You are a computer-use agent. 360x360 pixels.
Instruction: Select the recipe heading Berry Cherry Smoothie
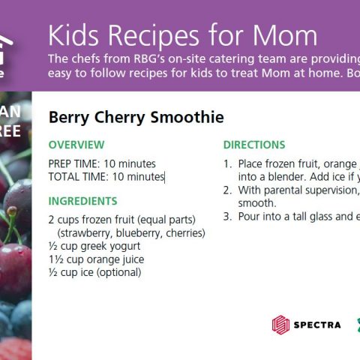click(x=136, y=117)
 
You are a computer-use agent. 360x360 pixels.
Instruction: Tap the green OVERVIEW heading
click(x=76, y=145)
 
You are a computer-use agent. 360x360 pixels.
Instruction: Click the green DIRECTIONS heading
click(x=254, y=145)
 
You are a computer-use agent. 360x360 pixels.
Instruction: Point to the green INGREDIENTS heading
click(x=82, y=201)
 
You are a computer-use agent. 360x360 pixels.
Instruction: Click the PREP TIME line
click(x=102, y=163)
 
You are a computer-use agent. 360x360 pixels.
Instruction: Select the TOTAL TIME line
click(x=106, y=177)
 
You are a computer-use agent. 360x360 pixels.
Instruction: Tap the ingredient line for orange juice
click(x=96, y=259)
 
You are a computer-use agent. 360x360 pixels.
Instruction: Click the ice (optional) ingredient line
click(x=94, y=272)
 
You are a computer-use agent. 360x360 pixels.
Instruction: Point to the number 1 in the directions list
click(x=227, y=163)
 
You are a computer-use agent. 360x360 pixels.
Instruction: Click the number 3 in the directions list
click(x=227, y=217)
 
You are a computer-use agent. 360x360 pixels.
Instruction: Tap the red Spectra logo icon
click(x=280, y=325)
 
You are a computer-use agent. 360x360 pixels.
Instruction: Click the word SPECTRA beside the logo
click(x=317, y=325)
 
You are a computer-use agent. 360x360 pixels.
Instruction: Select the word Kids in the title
click(x=76, y=35)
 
